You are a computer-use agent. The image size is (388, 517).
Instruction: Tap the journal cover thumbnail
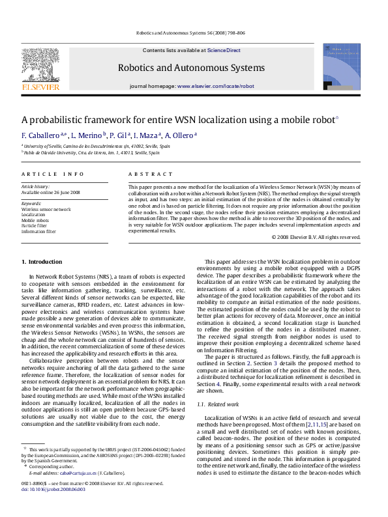(342, 67)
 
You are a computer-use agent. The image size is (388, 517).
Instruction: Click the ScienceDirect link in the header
(224, 50)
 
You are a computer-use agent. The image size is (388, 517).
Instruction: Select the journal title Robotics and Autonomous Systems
(191, 68)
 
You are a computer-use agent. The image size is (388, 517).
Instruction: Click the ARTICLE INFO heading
(53, 174)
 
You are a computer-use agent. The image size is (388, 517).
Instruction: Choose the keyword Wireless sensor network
(46, 209)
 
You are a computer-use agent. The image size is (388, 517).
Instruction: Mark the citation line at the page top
(191, 32)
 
